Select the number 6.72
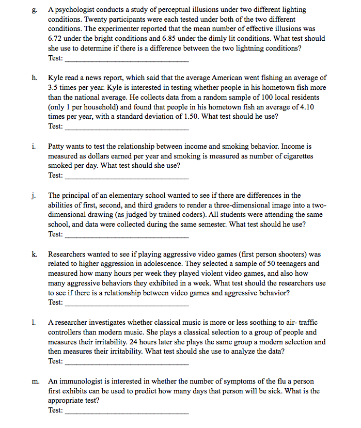point(56,38)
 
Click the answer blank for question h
point(127,126)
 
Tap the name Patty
point(57,147)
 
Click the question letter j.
point(33,195)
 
